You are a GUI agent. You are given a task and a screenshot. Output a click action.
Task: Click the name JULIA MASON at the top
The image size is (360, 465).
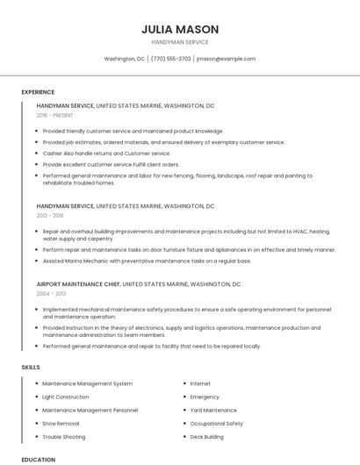pyautogui.click(x=179, y=29)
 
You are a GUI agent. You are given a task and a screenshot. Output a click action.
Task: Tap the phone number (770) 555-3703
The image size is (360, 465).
pyautogui.click(x=170, y=59)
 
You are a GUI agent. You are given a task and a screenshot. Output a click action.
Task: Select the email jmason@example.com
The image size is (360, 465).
pyautogui.click(x=226, y=59)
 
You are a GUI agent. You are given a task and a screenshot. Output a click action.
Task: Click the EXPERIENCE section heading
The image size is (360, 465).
pyautogui.click(x=38, y=92)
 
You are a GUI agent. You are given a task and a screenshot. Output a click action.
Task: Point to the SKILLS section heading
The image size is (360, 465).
pyautogui.click(x=31, y=367)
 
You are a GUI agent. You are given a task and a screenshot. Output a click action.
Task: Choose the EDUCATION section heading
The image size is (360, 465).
pyautogui.click(x=38, y=459)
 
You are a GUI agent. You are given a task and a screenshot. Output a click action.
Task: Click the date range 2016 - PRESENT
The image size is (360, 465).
pyautogui.click(x=56, y=115)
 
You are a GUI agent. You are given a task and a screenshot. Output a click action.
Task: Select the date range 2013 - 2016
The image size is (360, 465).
pyautogui.click(x=50, y=215)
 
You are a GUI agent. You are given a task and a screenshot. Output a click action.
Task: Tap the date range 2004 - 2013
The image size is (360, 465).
pyautogui.click(x=50, y=294)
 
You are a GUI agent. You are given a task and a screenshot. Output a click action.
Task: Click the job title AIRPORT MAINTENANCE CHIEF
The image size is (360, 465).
pyautogui.click(x=78, y=284)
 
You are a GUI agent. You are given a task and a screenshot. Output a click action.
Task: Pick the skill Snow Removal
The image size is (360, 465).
pyautogui.click(x=61, y=423)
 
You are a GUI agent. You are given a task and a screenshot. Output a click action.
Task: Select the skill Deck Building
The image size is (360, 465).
pyautogui.click(x=207, y=436)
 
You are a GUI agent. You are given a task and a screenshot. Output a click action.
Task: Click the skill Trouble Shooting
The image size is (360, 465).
pyautogui.click(x=64, y=436)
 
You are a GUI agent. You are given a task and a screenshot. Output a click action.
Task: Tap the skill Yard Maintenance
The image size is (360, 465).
pyautogui.click(x=213, y=410)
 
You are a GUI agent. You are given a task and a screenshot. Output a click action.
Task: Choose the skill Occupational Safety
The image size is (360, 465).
pyautogui.click(x=216, y=423)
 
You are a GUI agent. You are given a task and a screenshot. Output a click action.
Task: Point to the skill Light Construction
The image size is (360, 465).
pyautogui.click(x=66, y=397)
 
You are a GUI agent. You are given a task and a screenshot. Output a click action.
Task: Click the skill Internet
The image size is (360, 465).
pyautogui.click(x=200, y=383)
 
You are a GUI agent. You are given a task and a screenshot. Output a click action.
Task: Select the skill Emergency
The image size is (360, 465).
pyautogui.click(x=205, y=397)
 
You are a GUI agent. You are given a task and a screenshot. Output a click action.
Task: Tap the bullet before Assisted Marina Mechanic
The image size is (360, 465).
pyautogui.click(x=38, y=261)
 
